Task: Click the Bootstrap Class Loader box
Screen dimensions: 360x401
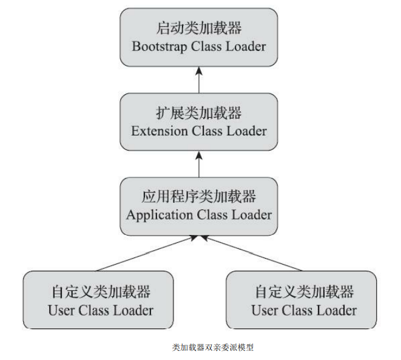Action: (x=199, y=38)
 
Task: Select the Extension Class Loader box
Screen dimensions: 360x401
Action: (x=199, y=121)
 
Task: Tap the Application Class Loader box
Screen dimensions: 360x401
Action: (x=199, y=206)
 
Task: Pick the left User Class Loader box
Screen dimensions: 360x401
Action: (x=98, y=300)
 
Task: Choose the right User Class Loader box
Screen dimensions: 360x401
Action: (x=301, y=300)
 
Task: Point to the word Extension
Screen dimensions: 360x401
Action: (x=160, y=131)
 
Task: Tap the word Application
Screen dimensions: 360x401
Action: (x=160, y=215)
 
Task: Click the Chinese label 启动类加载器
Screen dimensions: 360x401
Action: (x=199, y=29)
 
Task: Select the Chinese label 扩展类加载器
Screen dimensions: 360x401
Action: (x=199, y=114)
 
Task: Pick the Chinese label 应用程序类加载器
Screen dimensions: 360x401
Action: (x=199, y=197)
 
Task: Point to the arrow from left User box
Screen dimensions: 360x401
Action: (x=149, y=254)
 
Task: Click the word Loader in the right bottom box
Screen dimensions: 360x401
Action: (x=337, y=310)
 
